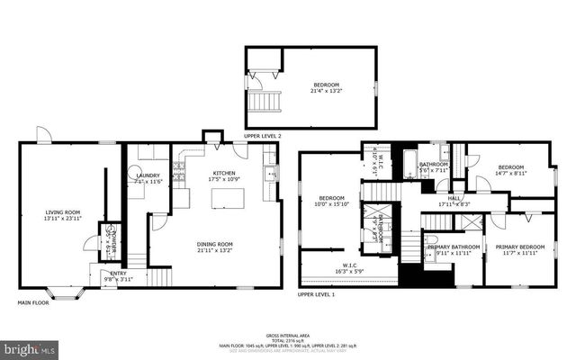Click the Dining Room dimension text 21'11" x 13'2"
pyautogui.click(x=215, y=250)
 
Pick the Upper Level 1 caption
pyautogui.click(x=317, y=294)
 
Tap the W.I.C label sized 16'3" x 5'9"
pyautogui.click(x=350, y=266)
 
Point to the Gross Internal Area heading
pyautogui.click(x=288, y=333)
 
